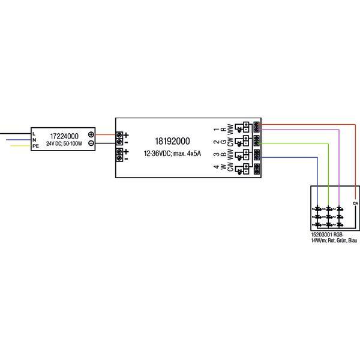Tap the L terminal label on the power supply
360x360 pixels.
point(34,133)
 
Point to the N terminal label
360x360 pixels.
point(34,139)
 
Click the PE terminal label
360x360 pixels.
point(35,146)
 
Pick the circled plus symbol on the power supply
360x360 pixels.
point(91,134)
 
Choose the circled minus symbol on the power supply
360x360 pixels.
point(91,143)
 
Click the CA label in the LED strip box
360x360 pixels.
point(355,203)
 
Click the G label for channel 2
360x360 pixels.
point(223,143)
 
